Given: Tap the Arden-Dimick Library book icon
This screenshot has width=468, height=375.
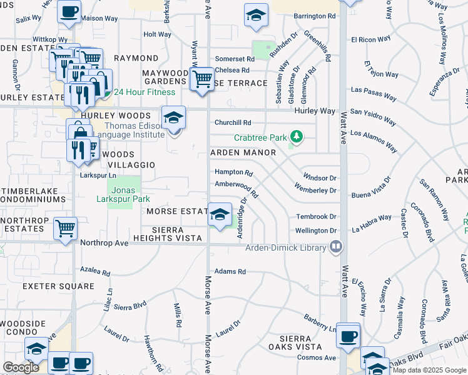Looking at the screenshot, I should (337, 247).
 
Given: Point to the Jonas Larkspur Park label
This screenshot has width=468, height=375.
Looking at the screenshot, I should (123, 194).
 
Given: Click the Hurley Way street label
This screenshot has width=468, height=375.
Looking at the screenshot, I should (315, 111).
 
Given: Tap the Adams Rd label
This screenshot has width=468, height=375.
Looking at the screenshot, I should (230, 271).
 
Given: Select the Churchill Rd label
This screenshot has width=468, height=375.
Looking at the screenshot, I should (233, 122).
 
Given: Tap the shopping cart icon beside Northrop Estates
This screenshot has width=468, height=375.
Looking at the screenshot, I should (65, 228).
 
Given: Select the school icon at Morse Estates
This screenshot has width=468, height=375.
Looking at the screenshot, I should (220, 216).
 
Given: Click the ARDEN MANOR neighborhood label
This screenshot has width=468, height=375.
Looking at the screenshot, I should (243, 152).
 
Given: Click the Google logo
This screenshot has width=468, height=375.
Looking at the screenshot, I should (21, 367).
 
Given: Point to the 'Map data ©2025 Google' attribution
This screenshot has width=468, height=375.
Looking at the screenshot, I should (429, 370).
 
